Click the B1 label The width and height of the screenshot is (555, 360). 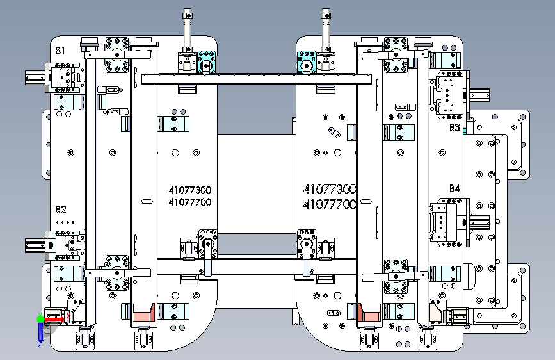coord(60,51)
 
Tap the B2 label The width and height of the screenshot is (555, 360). coord(61,209)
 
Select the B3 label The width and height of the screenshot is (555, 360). coord(454,127)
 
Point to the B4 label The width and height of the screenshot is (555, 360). coord(454,188)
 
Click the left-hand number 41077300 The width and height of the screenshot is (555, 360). coord(189,191)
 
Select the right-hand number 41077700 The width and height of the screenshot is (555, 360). coord(330,204)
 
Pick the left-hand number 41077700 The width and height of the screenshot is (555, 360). coord(189,202)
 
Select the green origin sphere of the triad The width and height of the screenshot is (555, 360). coord(40,319)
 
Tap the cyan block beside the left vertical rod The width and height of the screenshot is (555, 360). coord(206,61)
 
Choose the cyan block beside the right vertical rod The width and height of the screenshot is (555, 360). coord(307,61)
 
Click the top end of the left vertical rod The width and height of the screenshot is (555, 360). coord(188,10)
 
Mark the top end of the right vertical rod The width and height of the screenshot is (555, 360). coord(326,10)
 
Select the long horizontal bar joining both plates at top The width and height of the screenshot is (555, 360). coord(257,79)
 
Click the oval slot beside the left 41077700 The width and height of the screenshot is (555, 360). coord(147,202)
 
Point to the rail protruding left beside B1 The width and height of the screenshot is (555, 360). coord(35,78)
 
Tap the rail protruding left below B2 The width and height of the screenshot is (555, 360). coord(35,245)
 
